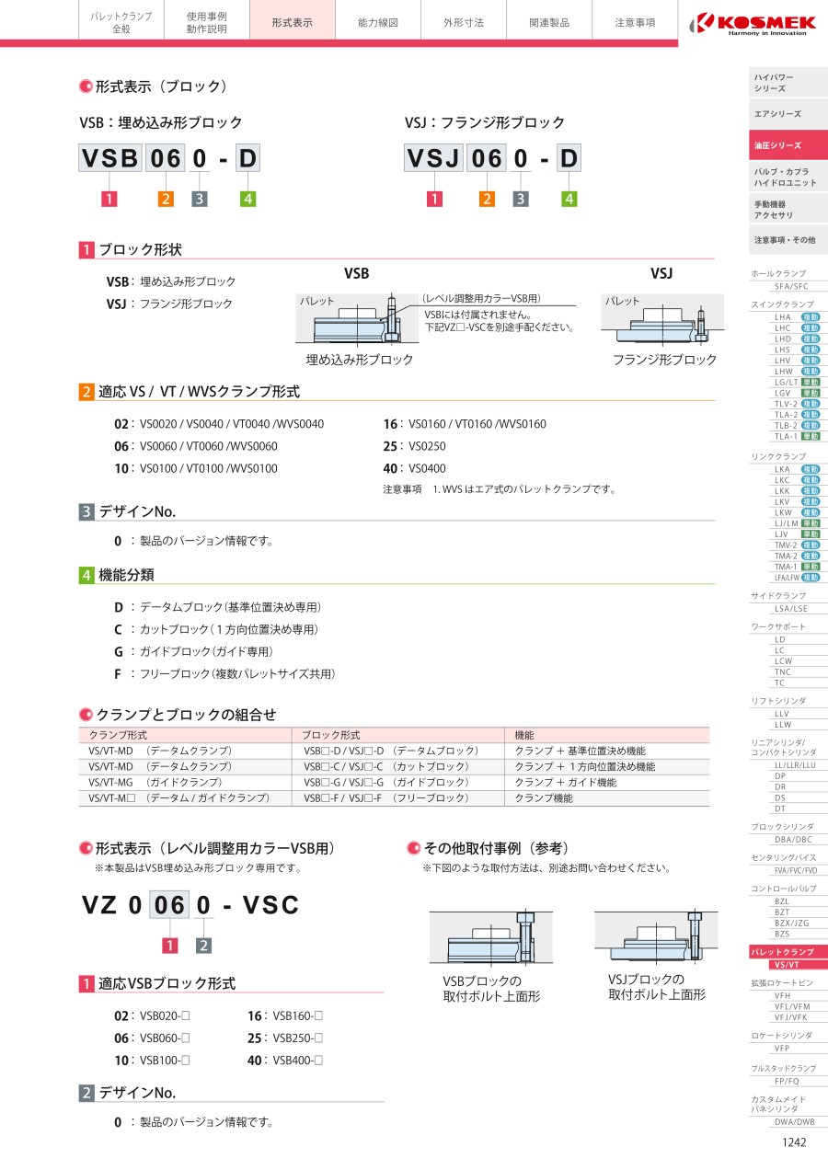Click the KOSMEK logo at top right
point(754,21)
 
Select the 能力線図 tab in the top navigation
point(378,22)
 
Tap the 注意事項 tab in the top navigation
point(635,22)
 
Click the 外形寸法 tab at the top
point(463,22)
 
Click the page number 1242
point(793,1142)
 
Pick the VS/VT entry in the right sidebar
point(787,964)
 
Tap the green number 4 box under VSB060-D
point(247,199)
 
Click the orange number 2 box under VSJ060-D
point(488,199)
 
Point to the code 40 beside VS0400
point(390,468)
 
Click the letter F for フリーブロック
point(118,674)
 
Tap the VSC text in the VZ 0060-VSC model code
point(271,905)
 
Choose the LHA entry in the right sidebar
point(783,316)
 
